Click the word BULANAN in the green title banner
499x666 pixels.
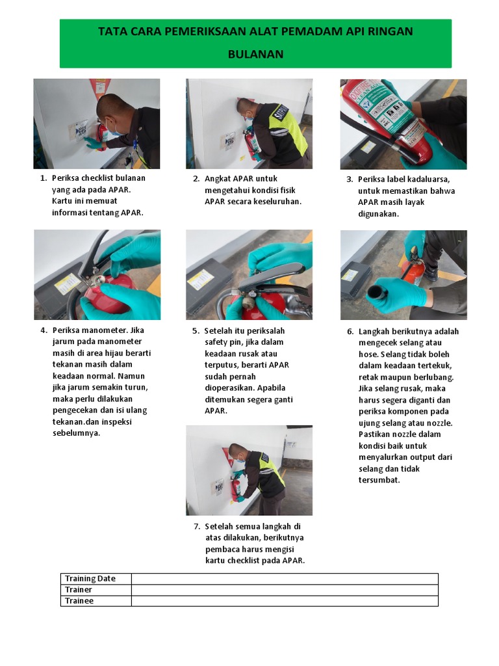point(255,54)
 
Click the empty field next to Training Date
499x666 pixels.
point(284,578)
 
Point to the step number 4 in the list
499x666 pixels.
point(43,330)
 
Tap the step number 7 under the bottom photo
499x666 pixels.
point(196,526)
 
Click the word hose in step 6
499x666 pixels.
point(368,354)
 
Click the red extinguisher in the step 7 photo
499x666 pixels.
point(235,487)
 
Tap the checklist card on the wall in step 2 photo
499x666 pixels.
point(229,140)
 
